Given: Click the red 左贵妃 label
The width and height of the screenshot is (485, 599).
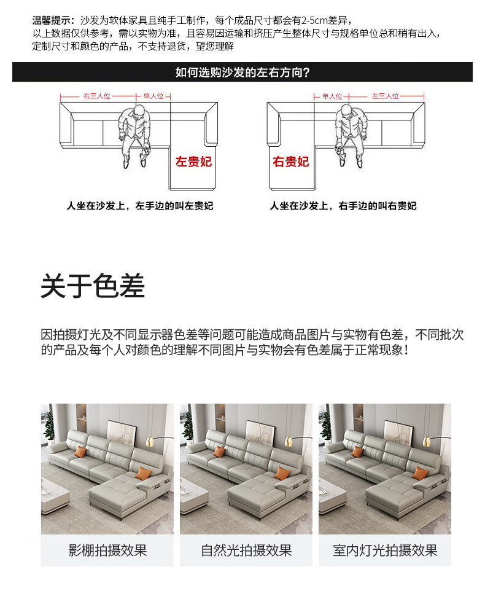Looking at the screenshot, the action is tap(193, 162).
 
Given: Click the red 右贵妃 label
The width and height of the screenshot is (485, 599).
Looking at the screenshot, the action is tap(290, 162).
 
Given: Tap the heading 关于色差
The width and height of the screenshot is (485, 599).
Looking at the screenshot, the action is tap(93, 286).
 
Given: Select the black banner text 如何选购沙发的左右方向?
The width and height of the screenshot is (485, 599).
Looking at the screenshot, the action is tap(243, 72).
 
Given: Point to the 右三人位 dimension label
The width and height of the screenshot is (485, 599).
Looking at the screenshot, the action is tap(97, 96).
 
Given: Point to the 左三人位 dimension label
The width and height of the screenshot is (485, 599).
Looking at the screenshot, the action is tap(386, 96).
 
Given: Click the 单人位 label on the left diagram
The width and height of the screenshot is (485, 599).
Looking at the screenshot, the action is tap(153, 96).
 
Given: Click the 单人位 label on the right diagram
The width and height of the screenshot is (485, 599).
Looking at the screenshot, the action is tap(332, 96).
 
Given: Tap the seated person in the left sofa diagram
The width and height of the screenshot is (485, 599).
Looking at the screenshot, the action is tap(135, 136).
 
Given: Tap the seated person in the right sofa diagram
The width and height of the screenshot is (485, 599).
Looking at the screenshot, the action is tap(350, 136).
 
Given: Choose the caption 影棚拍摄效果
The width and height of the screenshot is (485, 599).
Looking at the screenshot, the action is tap(107, 550).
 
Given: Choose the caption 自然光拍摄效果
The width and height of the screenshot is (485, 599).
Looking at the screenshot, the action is tap(246, 550).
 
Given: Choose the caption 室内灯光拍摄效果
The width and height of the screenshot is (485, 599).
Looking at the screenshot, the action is tap(385, 550).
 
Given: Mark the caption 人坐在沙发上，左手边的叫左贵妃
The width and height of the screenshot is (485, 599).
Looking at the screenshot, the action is tap(140, 206).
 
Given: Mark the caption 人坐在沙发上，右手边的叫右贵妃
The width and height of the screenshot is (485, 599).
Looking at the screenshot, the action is tap(343, 206).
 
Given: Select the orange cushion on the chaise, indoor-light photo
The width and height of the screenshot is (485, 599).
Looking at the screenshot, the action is tap(420, 472).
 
